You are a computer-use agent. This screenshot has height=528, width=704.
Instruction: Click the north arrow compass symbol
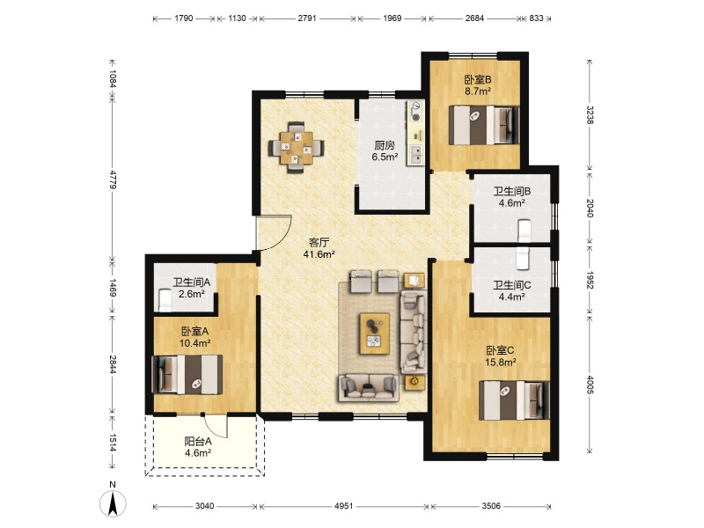tap(113, 502)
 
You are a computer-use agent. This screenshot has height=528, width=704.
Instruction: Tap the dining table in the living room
tap(297, 147)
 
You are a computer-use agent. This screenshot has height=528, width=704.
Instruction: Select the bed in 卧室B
tap(484, 125)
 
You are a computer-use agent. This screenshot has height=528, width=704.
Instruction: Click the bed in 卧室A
tap(187, 375)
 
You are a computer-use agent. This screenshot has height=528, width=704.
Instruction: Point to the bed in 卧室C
tap(514, 400)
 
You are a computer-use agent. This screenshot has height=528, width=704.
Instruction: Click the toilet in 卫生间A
tap(165, 300)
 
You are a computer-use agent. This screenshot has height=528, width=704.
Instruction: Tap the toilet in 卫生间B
tap(524, 231)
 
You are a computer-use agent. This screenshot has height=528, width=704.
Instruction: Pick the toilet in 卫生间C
tap(523, 258)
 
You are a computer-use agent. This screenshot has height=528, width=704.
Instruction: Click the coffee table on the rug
tap(374, 334)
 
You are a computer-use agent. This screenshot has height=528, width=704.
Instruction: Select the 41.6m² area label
tap(319, 254)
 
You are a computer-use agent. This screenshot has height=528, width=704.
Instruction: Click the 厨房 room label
tap(385, 145)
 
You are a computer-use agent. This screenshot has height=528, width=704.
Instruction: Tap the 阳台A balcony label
tap(198, 442)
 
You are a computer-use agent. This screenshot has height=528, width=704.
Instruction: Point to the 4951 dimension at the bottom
tap(343, 506)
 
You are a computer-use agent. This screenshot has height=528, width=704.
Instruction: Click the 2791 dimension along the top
tap(307, 18)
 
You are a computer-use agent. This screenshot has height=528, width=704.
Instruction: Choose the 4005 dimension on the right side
tap(590, 385)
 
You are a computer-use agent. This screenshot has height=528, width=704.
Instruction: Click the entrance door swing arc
tap(282, 238)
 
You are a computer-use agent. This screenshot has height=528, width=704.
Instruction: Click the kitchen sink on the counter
tap(415, 153)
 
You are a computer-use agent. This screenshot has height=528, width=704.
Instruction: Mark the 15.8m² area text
tap(500, 362)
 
